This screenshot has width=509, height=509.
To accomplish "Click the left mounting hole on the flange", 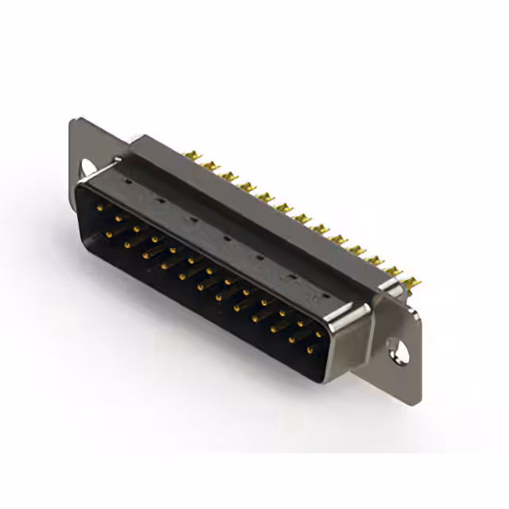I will click(x=87, y=168).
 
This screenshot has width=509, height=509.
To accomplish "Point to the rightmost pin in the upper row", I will click(x=320, y=335).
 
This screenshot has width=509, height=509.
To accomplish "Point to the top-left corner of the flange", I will click(x=72, y=120).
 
